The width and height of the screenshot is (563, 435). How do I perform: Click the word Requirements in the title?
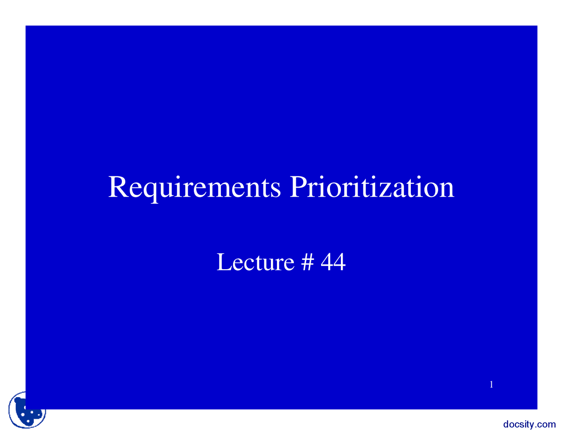194,187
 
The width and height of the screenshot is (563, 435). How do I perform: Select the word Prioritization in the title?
372,187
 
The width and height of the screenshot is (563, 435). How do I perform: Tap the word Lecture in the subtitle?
255,262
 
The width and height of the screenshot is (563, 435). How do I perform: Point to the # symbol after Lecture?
308,262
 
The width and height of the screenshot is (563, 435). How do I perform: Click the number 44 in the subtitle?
333,262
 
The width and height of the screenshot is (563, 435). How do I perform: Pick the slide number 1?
491,385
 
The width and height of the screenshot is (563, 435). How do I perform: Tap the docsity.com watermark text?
529,424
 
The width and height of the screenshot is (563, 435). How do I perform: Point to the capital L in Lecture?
223,262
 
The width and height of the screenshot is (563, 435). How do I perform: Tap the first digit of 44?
327,262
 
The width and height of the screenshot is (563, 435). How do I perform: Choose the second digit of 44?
339,262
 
